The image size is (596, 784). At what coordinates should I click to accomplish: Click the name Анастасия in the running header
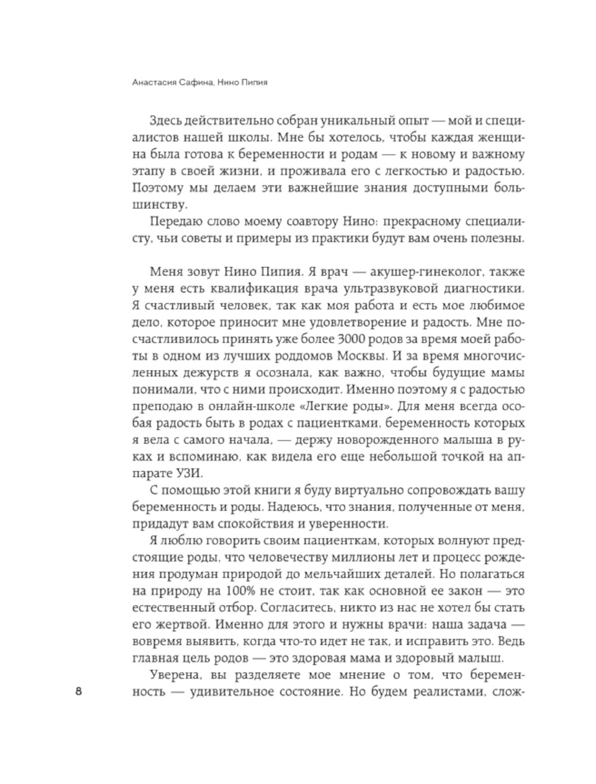[152, 83]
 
